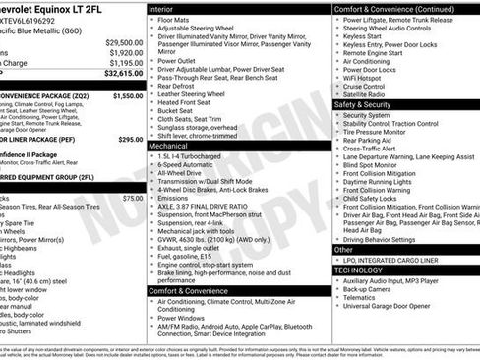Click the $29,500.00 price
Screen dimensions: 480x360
pyautogui.click(x=123, y=42)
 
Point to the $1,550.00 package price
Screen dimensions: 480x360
pyautogui.click(x=127, y=96)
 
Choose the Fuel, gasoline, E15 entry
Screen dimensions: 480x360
pyautogui.click(x=190, y=255)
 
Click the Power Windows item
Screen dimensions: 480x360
pyautogui.click(x=184, y=317)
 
